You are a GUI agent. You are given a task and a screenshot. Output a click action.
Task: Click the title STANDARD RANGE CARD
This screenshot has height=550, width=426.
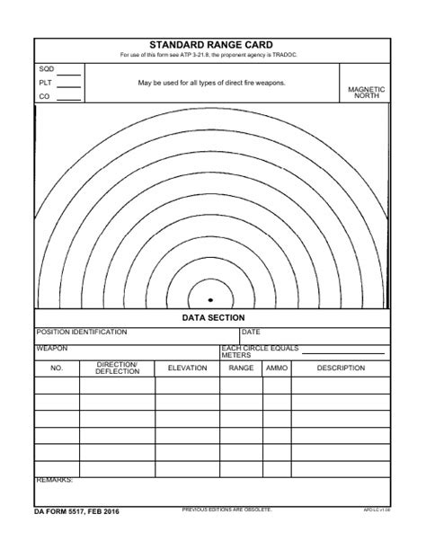[x=213, y=44]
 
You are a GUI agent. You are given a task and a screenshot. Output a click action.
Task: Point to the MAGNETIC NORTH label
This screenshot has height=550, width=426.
[x=367, y=93]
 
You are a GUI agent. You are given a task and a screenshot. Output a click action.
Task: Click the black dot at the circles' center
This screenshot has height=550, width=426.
[x=210, y=300]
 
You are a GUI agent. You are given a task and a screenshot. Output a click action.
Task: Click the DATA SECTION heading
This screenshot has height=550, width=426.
[x=213, y=318]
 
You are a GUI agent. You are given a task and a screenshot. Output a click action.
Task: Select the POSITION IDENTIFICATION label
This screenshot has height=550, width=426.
[x=82, y=333]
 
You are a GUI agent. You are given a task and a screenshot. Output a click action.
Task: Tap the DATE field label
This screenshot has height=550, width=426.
[x=251, y=333]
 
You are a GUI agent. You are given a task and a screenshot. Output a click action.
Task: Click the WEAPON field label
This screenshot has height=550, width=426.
[x=52, y=349]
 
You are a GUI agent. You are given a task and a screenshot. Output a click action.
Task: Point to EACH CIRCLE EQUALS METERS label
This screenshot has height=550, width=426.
[x=260, y=351]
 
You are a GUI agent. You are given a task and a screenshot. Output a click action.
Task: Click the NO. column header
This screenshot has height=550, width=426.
[x=57, y=368]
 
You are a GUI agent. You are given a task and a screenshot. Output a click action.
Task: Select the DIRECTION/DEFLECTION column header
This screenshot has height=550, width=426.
[x=117, y=368]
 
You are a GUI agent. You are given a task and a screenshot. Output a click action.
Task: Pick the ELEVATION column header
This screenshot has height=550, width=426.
[x=187, y=368]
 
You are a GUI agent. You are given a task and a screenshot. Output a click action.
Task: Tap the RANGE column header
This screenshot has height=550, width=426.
[x=241, y=368]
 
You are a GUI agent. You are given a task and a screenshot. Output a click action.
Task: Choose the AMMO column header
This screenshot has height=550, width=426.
[x=277, y=368]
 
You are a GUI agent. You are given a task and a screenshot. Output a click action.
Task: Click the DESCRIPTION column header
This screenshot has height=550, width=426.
[x=341, y=368]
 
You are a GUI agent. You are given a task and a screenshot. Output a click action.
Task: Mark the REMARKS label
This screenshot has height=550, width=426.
[x=55, y=481]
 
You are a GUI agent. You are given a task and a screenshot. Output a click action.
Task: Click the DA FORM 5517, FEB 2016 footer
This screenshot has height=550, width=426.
[x=77, y=511]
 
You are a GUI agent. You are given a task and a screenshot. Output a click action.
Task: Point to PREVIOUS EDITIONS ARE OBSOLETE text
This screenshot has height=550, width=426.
[x=226, y=510]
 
